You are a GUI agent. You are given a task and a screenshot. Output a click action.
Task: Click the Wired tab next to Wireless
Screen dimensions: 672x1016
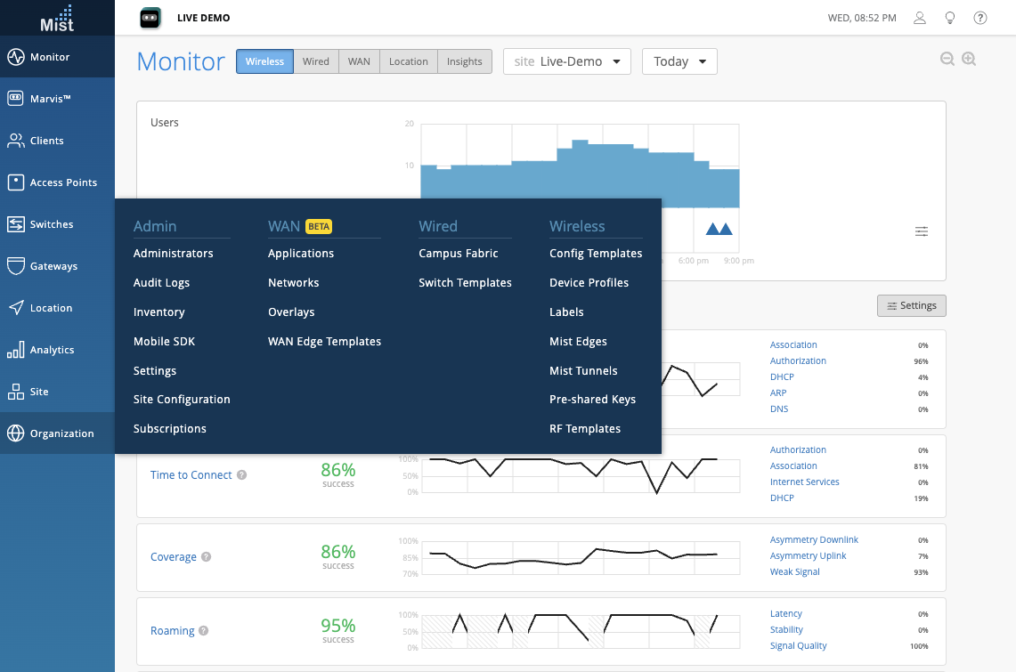[315, 61]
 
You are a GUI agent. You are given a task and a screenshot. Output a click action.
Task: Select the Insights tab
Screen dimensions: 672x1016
[464, 61]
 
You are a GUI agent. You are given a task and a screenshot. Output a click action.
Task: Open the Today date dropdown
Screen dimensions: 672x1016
[679, 61]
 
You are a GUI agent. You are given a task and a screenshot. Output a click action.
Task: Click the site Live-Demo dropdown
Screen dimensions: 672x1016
[567, 61]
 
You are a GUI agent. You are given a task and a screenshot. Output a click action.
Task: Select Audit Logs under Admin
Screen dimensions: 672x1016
[161, 283]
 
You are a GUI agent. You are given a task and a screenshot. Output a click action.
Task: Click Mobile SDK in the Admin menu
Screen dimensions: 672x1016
[164, 342]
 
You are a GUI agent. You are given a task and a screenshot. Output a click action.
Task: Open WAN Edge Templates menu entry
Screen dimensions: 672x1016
[324, 342]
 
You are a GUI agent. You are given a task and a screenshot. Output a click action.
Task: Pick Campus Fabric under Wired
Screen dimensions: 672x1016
[458, 254]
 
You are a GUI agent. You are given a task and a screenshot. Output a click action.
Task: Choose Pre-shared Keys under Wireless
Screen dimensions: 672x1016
[592, 400]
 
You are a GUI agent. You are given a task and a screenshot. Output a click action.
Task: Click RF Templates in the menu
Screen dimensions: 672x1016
[585, 429]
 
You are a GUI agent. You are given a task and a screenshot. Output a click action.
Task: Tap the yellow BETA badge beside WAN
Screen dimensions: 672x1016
[319, 227]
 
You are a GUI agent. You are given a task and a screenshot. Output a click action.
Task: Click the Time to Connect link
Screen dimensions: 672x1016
[191, 475]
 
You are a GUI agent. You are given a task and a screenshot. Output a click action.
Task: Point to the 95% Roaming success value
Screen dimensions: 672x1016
[338, 626]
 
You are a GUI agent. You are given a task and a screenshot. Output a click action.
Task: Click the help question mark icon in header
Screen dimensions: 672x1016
[980, 18]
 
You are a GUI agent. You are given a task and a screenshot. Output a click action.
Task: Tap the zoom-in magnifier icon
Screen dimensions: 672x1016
[969, 59]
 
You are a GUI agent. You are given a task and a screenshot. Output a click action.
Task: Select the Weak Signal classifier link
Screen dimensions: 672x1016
[794, 572]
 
